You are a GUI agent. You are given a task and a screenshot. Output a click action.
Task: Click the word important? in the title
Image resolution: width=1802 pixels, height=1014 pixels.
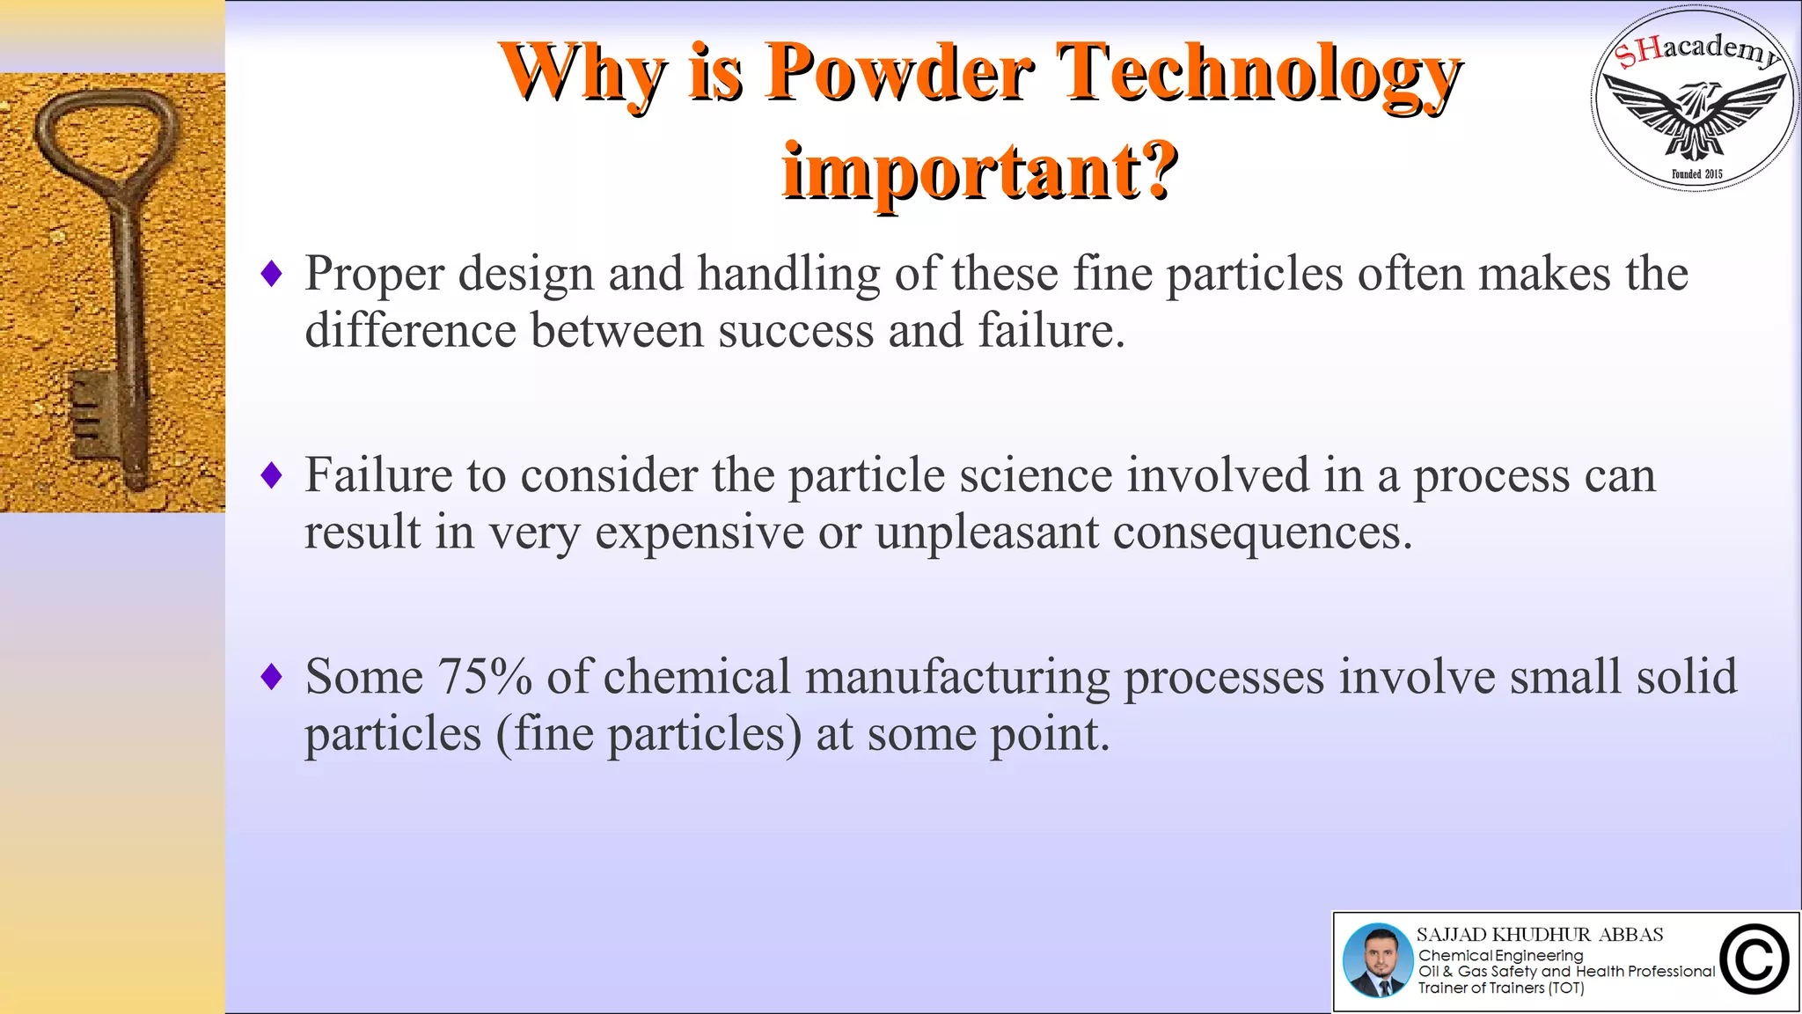pyautogui.click(x=979, y=171)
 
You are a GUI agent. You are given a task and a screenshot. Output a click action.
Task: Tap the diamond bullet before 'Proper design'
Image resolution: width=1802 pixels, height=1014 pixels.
pyautogui.click(x=272, y=274)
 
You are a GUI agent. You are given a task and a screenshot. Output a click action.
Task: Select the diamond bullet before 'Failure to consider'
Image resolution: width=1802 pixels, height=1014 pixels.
pyautogui.click(x=272, y=475)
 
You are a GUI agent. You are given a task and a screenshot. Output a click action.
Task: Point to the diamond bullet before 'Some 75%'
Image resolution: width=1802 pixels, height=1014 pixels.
pyautogui.click(x=272, y=677)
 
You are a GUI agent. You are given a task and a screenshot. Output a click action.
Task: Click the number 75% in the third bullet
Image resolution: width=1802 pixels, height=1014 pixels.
pyautogui.click(x=485, y=677)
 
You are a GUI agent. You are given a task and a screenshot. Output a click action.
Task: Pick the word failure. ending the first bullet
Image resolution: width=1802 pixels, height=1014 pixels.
pyautogui.click(x=1051, y=331)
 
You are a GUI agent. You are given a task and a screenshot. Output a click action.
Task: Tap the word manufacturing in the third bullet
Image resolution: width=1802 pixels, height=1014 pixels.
pyautogui.click(x=957, y=677)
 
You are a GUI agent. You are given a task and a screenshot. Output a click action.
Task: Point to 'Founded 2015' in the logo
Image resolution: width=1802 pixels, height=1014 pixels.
pyautogui.click(x=1696, y=174)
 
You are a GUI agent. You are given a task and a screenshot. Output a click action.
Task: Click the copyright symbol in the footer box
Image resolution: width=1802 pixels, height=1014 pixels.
pyautogui.click(x=1754, y=960)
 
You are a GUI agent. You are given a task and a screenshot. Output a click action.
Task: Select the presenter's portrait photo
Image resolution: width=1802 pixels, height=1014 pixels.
pyautogui.click(x=1377, y=960)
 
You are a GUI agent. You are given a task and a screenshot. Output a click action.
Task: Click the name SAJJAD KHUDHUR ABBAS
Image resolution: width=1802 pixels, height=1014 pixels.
pyautogui.click(x=1540, y=934)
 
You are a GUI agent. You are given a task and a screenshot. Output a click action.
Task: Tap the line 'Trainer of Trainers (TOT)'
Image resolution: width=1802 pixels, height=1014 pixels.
pyautogui.click(x=1500, y=988)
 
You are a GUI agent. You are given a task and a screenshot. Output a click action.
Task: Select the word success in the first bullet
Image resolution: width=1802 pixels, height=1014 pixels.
pyautogui.click(x=795, y=331)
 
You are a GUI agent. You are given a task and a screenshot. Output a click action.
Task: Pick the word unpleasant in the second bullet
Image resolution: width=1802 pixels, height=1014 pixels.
pyautogui.click(x=986, y=533)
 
